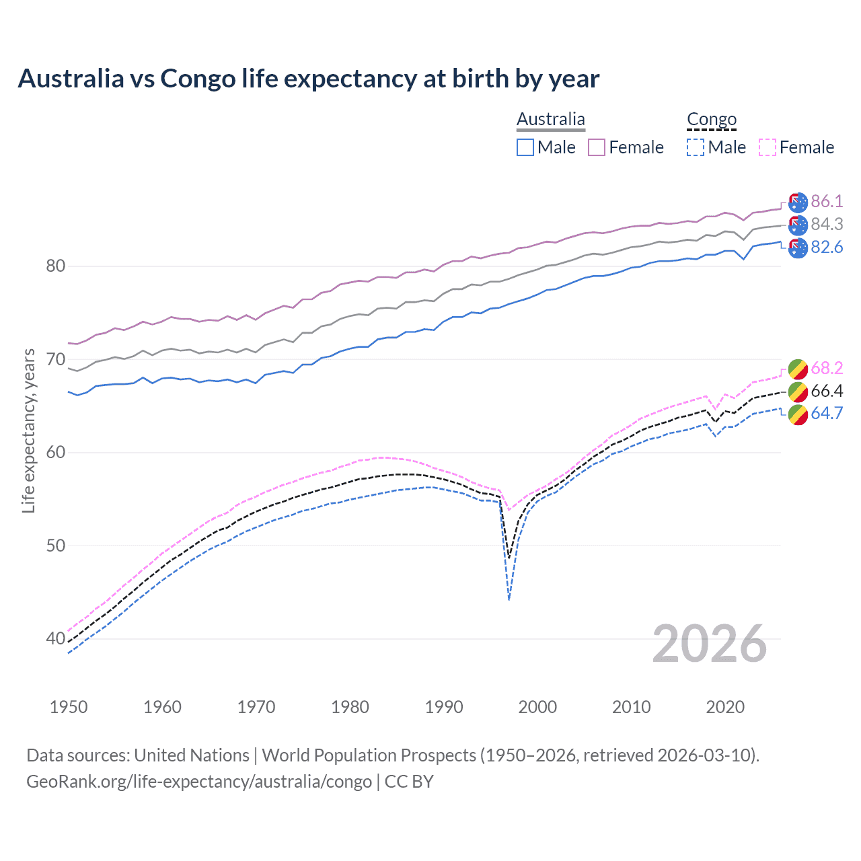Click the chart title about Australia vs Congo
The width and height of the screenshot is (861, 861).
[308, 79]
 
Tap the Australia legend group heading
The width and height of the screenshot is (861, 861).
[551, 119]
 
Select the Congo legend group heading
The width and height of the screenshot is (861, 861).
[712, 119]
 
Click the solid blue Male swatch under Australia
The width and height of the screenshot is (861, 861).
[525, 147]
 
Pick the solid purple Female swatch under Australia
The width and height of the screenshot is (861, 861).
[597, 147]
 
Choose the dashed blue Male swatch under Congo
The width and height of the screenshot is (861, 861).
[696, 147]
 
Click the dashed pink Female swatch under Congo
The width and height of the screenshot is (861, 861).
[768, 147]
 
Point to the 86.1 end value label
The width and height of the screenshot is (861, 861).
[827, 201]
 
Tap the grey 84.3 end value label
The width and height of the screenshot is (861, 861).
[827, 224]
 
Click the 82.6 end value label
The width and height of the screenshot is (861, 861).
[827, 247]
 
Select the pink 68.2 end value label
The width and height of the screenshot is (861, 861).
[827, 368]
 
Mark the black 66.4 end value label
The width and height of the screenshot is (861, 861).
[827, 391]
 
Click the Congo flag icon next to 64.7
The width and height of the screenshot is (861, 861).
[798, 414]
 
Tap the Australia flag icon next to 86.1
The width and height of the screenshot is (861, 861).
[798, 202]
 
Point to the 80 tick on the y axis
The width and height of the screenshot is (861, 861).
[55, 266]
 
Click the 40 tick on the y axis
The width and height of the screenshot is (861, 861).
[55, 638]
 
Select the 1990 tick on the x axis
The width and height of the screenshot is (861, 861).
[444, 707]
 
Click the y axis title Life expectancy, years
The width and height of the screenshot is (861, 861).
[28, 431]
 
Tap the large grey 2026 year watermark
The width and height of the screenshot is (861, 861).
[710, 644]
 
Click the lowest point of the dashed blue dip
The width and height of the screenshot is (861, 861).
[509, 599]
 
